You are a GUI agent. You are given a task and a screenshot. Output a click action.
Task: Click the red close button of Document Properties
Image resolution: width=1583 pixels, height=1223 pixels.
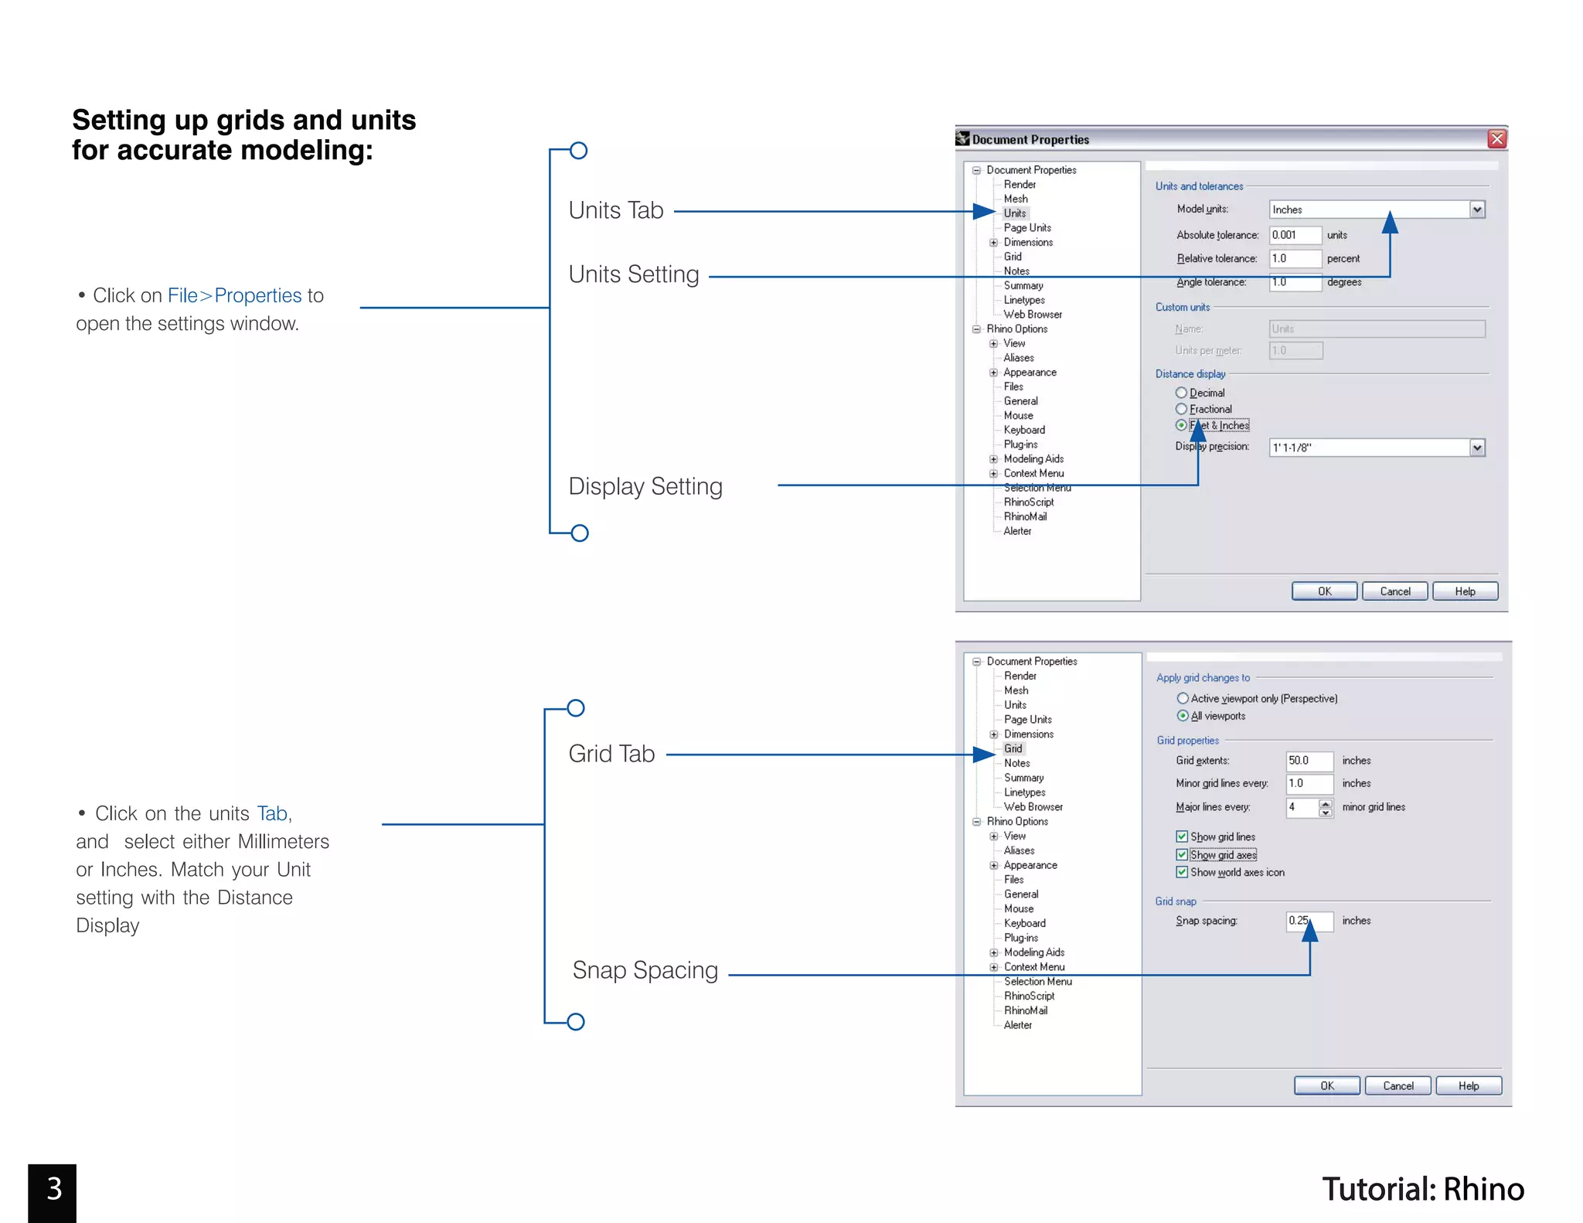(1496, 139)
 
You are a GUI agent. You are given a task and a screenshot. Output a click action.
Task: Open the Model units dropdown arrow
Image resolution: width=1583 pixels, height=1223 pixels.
(1477, 210)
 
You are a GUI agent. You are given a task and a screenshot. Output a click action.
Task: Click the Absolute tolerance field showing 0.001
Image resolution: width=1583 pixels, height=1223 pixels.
(1295, 235)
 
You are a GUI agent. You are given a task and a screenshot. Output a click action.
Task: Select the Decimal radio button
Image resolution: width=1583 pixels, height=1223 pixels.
(1181, 393)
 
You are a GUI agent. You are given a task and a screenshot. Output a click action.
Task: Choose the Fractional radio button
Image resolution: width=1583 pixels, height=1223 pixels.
(1181, 409)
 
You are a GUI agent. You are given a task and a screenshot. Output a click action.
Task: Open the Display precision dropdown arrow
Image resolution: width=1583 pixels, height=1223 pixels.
(1477, 448)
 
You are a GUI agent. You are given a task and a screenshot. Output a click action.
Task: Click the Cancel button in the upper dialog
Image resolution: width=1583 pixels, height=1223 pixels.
(1394, 591)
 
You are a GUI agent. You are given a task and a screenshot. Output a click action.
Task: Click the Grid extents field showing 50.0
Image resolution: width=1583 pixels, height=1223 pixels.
(1309, 761)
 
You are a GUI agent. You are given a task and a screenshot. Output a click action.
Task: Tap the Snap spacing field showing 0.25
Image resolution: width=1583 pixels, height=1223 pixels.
(1309, 921)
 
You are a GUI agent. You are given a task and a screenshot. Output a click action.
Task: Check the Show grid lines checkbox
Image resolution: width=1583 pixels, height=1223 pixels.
(1182, 836)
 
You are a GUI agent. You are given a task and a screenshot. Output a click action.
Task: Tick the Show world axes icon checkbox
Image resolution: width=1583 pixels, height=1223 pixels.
(1182, 872)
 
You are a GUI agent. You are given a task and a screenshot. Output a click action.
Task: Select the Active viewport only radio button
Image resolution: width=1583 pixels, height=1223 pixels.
(1183, 698)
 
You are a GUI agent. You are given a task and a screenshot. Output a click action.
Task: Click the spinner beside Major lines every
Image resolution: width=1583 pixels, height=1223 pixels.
(1326, 808)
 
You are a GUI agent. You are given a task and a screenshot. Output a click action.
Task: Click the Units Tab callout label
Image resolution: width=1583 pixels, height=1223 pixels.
(616, 210)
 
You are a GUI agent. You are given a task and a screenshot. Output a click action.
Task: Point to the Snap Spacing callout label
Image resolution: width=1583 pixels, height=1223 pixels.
(645, 970)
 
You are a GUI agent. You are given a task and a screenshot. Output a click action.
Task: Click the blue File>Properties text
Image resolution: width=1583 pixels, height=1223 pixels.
(234, 295)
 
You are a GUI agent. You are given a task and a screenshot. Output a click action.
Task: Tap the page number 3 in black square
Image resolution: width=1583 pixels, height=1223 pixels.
(53, 1189)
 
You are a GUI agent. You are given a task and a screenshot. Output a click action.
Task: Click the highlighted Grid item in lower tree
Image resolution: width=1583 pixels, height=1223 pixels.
(1013, 748)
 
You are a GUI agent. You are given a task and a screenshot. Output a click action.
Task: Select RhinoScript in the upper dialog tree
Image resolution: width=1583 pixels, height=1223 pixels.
(1028, 502)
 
